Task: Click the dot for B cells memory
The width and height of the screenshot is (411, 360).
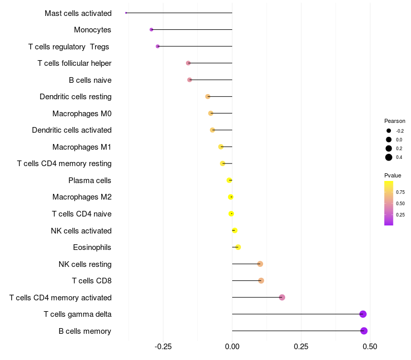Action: (364, 331)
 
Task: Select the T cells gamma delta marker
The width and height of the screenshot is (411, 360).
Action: (363, 314)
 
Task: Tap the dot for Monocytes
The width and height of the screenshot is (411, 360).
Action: (151, 29)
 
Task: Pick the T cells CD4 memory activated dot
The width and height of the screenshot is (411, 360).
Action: (282, 297)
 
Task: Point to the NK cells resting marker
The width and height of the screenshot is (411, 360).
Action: (260, 264)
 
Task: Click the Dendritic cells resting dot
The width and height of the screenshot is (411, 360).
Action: (208, 97)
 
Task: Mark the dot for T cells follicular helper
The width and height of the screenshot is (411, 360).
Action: (188, 63)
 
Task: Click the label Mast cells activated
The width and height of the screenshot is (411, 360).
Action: (78, 13)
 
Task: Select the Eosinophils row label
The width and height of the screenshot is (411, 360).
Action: (92, 247)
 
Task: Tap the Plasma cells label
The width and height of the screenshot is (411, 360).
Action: (90, 181)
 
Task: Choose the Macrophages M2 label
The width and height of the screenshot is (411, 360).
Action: (82, 197)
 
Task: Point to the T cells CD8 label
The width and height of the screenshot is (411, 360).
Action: (91, 281)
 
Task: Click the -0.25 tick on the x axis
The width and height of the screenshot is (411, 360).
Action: (163, 346)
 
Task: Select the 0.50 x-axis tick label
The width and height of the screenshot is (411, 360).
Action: (370, 346)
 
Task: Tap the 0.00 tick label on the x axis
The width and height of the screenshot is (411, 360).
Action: (232, 346)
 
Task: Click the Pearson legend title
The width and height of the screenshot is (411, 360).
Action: (395, 121)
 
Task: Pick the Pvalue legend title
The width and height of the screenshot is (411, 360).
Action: (393, 175)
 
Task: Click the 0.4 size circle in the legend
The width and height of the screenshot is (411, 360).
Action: (389, 157)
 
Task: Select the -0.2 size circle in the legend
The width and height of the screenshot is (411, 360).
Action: (389, 131)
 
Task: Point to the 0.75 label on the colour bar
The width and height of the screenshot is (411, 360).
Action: (400, 192)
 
